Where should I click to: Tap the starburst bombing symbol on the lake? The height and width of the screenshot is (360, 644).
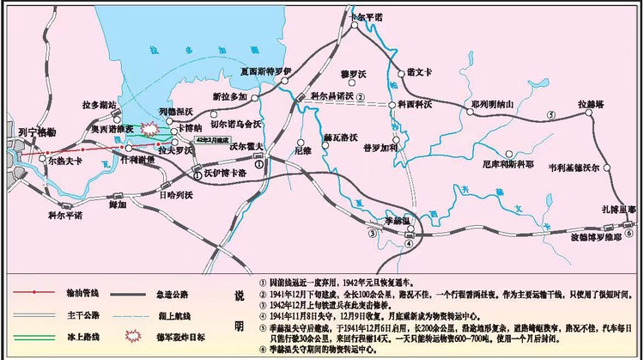151,131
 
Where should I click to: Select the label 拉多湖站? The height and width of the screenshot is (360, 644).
100,105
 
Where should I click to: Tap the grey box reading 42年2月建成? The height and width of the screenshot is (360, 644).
212,137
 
